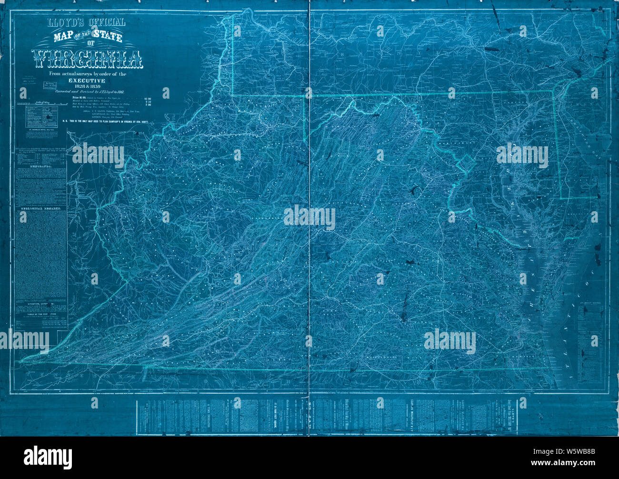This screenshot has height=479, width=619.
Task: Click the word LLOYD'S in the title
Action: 62,22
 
